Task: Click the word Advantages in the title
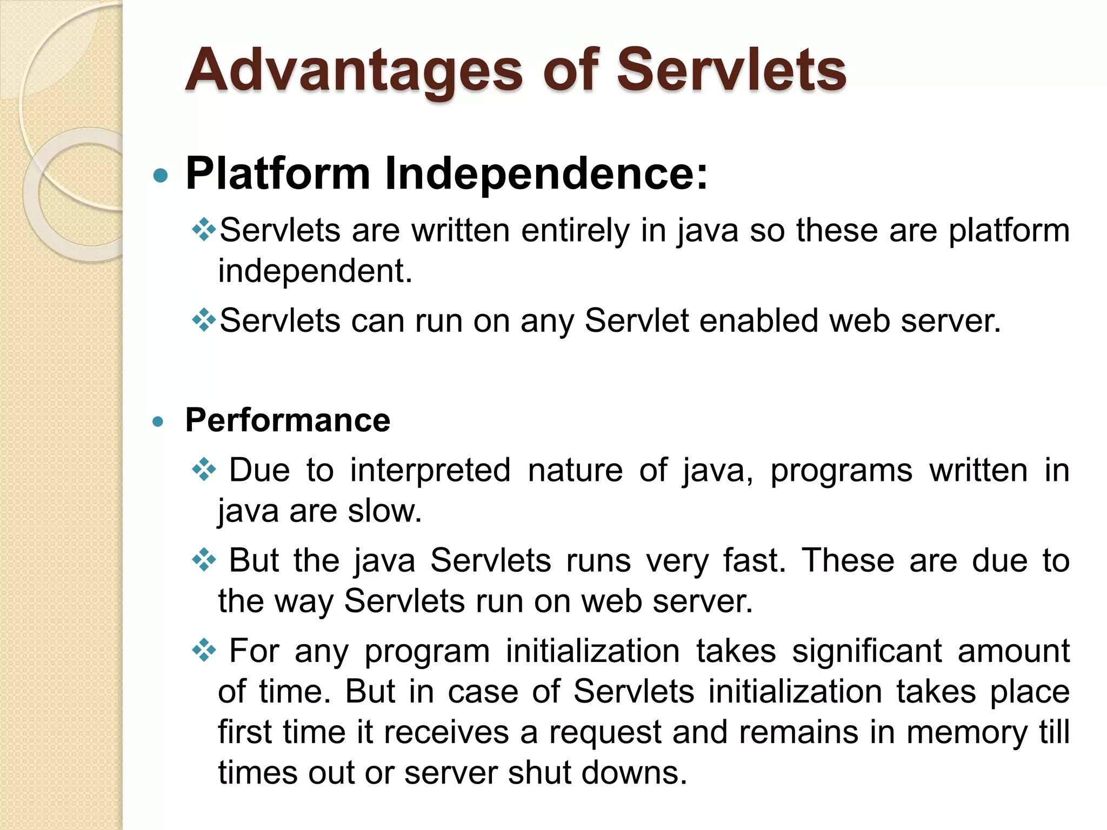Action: click(x=354, y=70)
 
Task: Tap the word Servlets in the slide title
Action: click(x=731, y=70)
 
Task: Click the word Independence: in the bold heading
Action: click(x=546, y=174)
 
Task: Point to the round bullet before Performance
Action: click(x=158, y=421)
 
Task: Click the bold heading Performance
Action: click(x=288, y=420)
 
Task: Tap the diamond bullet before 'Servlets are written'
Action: click(x=204, y=230)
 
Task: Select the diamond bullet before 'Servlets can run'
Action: click(x=204, y=320)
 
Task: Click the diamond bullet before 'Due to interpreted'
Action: click(x=204, y=470)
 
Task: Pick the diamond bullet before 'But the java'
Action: click(x=204, y=560)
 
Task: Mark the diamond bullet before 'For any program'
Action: click(x=204, y=650)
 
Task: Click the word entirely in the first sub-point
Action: click(x=575, y=231)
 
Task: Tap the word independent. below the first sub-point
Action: click(x=315, y=271)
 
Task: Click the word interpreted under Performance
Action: click(x=430, y=470)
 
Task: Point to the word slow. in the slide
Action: click(x=384, y=511)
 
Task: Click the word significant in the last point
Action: click(x=866, y=651)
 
